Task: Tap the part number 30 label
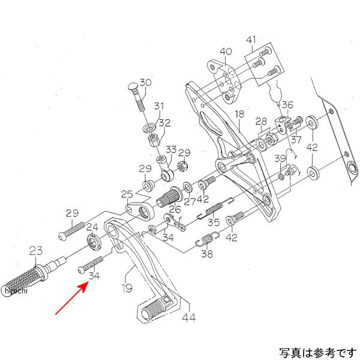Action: (x=146, y=83)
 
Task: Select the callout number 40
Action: (x=226, y=52)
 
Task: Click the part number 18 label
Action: (x=239, y=115)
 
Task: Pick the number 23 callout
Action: (x=36, y=251)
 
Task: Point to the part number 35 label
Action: (x=214, y=223)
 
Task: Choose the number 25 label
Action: (x=127, y=194)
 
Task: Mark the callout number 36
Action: (x=287, y=105)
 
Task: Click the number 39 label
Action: (x=280, y=158)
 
